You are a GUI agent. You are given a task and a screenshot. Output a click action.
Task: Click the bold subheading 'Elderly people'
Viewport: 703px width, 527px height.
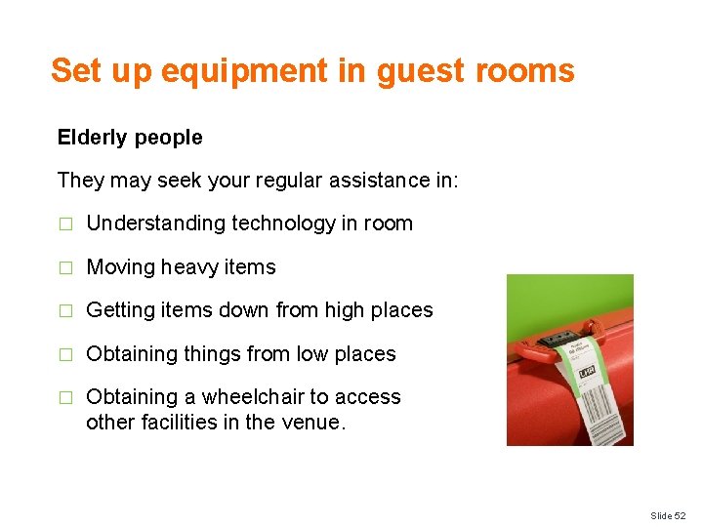click(x=130, y=138)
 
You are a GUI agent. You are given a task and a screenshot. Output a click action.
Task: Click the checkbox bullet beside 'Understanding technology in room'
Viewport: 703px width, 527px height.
click(x=65, y=223)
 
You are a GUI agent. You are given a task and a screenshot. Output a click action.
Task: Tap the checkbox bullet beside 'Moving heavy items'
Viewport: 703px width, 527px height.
click(x=65, y=267)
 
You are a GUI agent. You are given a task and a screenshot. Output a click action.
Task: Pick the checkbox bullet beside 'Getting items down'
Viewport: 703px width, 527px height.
click(x=65, y=310)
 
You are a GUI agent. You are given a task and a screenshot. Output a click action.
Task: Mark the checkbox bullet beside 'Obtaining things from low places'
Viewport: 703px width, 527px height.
click(x=65, y=354)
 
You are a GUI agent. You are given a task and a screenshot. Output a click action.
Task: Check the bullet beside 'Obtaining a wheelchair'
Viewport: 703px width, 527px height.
click(x=65, y=397)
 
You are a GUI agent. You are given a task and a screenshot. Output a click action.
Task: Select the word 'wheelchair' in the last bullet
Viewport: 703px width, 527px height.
click(x=252, y=397)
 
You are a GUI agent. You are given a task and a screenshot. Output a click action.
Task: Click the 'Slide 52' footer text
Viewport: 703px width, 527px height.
click(x=670, y=515)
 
